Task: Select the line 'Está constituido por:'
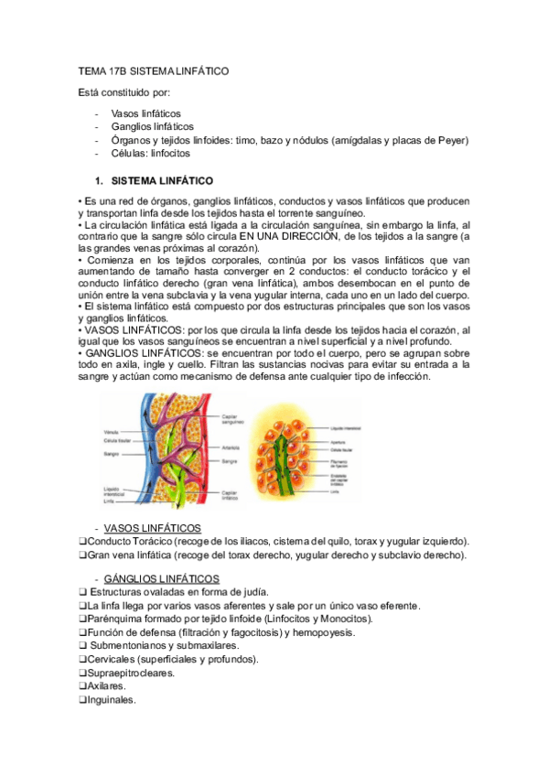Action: (123, 93)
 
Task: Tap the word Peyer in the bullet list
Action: (451, 140)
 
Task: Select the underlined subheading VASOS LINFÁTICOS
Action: (153, 528)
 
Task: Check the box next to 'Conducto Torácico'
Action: (82, 541)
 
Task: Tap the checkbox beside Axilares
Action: (82, 685)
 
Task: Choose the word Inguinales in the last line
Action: (111, 699)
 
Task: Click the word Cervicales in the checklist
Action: (114, 659)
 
